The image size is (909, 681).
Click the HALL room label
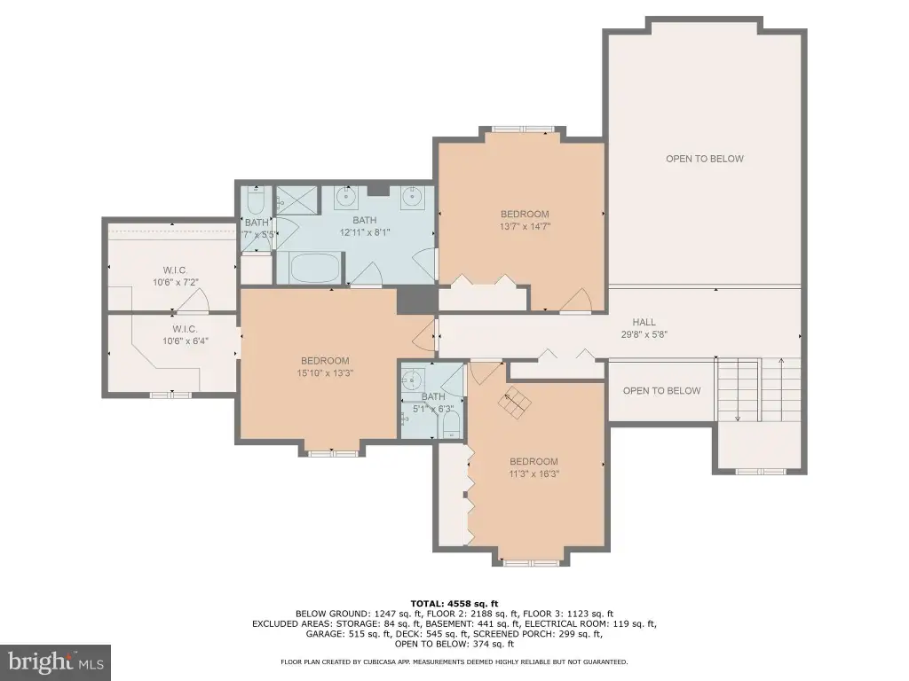point(644,322)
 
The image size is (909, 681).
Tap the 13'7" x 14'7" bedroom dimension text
point(525,226)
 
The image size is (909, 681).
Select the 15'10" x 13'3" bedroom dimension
point(325,373)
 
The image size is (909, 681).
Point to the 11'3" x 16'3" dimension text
point(534,474)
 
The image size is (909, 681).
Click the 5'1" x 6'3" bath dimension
point(433,409)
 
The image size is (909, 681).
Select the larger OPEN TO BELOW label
point(704,159)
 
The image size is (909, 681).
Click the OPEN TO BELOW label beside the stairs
point(661,391)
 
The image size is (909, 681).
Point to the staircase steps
point(759,390)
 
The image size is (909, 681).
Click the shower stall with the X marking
point(297,200)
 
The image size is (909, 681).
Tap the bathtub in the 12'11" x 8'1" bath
point(313,269)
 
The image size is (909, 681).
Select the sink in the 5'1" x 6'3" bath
point(412,381)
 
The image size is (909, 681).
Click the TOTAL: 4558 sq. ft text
point(454,604)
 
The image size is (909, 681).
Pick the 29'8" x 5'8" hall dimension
point(644,334)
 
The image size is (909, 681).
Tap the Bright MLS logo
point(55,662)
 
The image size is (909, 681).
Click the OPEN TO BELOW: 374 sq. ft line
point(454,644)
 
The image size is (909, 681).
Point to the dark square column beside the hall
point(417,301)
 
